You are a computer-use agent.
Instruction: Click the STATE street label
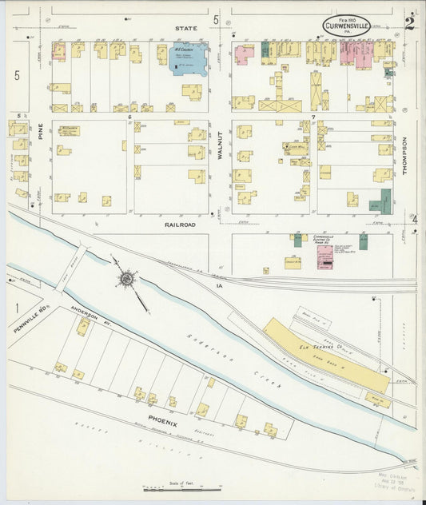tap(186, 28)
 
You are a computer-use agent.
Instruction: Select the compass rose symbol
tap(127, 279)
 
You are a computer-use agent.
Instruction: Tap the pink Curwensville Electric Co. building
tap(324, 256)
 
